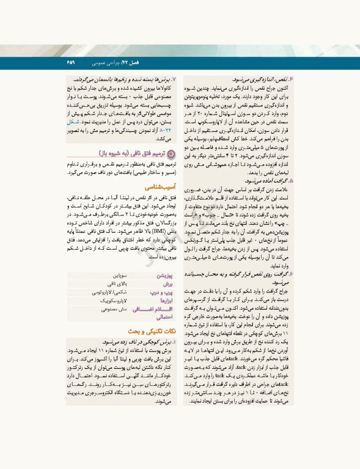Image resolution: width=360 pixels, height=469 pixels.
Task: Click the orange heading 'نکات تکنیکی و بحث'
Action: pos(153,330)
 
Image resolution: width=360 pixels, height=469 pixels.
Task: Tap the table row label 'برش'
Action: pos(171,284)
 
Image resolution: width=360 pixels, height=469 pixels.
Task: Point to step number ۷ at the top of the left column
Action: pos(174,80)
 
